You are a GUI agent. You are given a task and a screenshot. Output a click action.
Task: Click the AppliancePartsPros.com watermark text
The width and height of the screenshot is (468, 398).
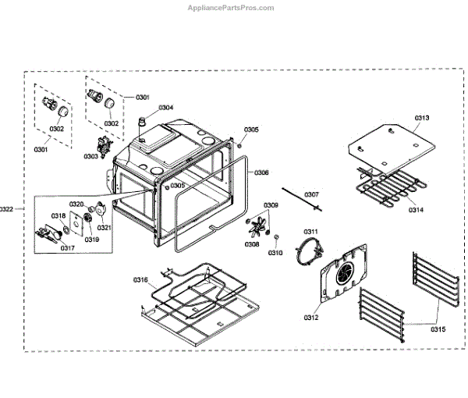click(231, 8)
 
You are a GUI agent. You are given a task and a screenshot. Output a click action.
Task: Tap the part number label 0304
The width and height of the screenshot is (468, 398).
click(166, 107)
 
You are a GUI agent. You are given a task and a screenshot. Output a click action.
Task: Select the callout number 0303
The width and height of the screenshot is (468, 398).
click(91, 156)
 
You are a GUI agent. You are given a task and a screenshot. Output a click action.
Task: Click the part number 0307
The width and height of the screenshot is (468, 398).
click(311, 194)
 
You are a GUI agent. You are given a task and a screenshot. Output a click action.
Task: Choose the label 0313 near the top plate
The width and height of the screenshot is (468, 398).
click(421, 118)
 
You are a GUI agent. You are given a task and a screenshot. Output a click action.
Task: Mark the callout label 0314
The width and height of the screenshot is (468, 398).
click(415, 211)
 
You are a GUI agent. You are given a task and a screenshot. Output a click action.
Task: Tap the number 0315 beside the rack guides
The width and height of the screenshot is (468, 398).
click(438, 329)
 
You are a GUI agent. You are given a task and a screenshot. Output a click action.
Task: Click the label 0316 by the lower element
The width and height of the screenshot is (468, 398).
click(140, 279)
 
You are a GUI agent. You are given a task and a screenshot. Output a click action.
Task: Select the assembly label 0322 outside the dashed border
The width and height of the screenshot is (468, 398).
click(7, 208)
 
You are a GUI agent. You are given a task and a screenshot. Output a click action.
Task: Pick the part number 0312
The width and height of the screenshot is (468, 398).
click(311, 317)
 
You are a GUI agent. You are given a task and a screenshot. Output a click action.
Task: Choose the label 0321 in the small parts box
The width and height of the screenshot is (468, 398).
click(104, 228)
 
